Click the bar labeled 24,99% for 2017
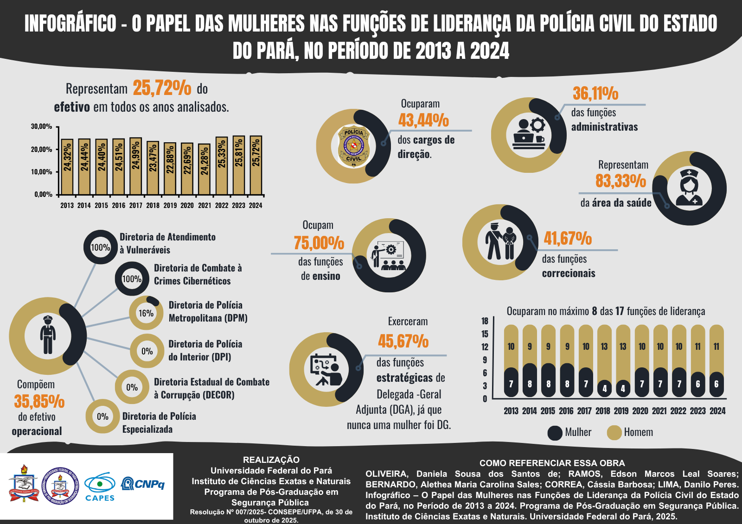click(x=135, y=166)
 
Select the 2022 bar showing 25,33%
click(x=222, y=166)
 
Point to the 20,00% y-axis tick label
click(x=42, y=150)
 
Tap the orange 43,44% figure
click(x=423, y=120)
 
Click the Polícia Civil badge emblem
click(x=354, y=146)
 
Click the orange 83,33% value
click(x=620, y=181)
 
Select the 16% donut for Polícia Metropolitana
click(x=146, y=313)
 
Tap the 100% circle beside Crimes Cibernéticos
click(x=132, y=279)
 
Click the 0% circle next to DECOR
click(x=132, y=387)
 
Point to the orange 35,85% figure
click(x=39, y=401)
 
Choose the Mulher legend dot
click(x=555, y=433)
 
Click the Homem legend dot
click(x=614, y=433)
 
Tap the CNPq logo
click(x=143, y=484)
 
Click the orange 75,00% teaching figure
click(x=319, y=243)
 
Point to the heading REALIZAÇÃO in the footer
click(x=271, y=460)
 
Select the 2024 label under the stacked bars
click(x=717, y=411)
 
